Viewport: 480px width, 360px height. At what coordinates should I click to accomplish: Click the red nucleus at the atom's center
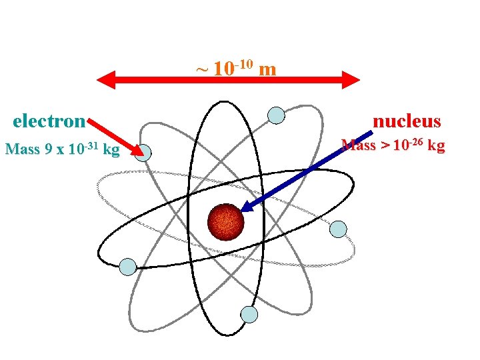[227, 222]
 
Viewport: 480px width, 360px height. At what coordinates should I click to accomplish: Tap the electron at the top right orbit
[276, 115]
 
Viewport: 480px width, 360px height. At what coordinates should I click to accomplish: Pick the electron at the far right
[339, 229]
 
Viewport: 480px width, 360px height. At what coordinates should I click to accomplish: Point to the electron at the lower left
[127, 267]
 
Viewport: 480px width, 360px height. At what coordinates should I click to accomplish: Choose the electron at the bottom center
[249, 315]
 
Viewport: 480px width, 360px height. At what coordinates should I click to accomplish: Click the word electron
[49, 121]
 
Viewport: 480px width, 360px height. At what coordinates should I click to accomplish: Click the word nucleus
[407, 121]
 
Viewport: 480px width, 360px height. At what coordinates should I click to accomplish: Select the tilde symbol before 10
[201, 69]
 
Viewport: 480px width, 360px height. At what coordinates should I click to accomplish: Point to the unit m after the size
[267, 69]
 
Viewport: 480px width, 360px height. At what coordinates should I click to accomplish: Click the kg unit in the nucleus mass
[435, 145]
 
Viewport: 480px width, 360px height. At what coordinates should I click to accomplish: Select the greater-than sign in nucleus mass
[383, 145]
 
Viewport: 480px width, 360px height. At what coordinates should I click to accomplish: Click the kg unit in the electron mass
[111, 149]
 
